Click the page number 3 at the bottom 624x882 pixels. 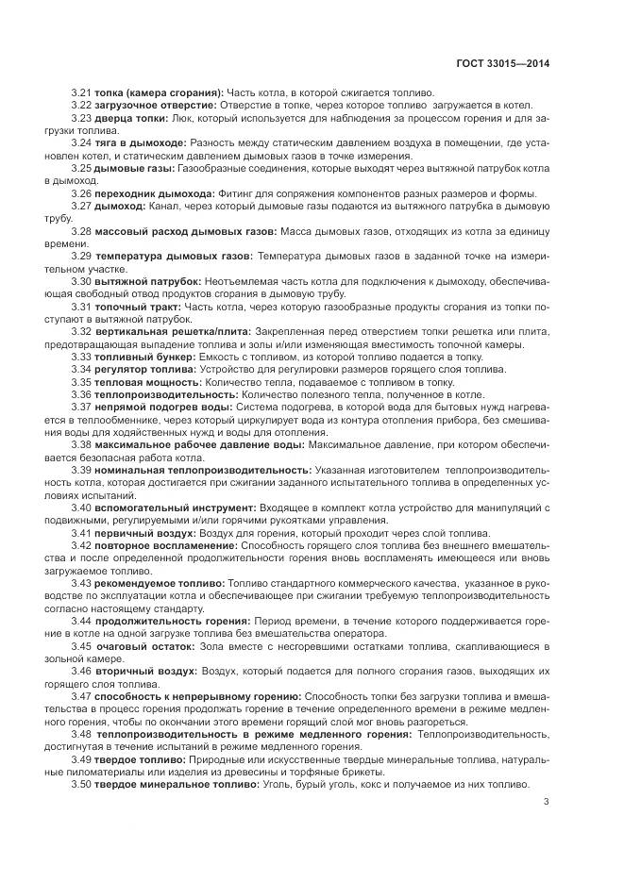pyautogui.click(x=548, y=803)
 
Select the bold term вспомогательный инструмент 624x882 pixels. pyautogui.click(x=166, y=507)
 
